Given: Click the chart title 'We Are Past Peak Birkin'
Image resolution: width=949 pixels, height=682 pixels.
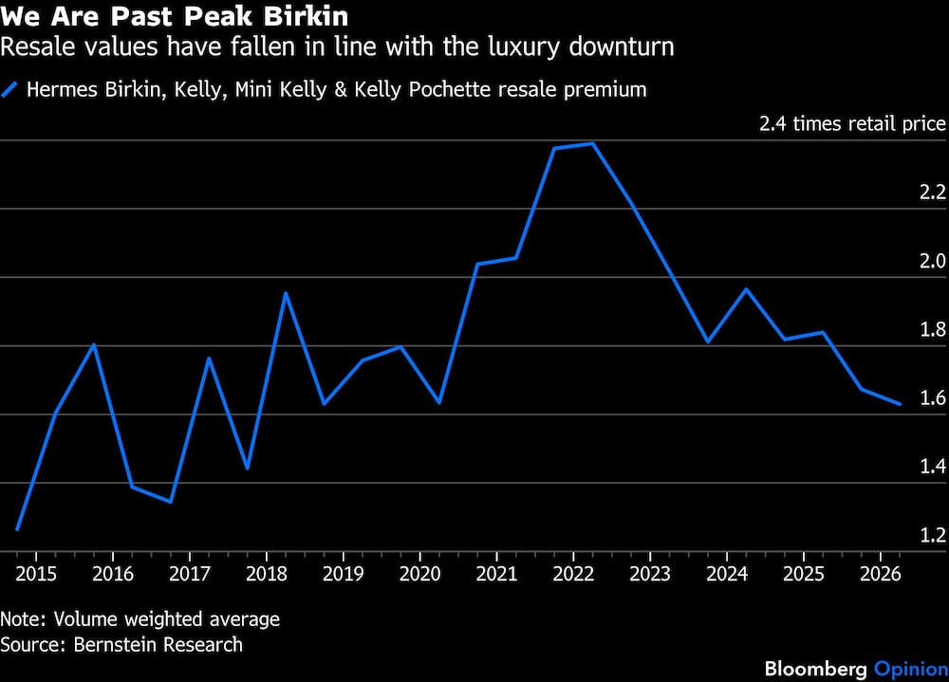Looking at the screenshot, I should (x=174, y=17).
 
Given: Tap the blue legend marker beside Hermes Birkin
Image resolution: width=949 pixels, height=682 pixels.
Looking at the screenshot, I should (x=11, y=90).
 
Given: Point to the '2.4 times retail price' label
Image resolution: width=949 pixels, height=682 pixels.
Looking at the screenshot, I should (x=852, y=124).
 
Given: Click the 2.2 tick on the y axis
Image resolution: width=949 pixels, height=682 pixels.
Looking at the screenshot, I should (x=933, y=194).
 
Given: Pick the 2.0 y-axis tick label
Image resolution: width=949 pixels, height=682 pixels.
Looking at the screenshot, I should (x=933, y=262).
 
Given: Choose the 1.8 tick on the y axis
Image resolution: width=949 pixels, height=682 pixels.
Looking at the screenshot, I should (x=933, y=330).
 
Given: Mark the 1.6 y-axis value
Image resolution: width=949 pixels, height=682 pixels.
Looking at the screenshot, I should (x=933, y=398).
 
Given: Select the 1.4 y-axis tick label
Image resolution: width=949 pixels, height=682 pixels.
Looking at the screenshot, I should (x=933, y=467).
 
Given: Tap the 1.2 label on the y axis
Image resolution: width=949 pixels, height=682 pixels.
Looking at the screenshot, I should (x=933, y=535).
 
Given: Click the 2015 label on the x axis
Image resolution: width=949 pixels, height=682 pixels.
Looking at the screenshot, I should (x=34, y=574).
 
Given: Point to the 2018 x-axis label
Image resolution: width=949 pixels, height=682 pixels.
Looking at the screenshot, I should (x=266, y=574).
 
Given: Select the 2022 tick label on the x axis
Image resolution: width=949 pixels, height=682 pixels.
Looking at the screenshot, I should (x=573, y=574).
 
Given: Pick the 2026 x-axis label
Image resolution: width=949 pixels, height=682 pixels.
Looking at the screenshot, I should (x=880, y=574).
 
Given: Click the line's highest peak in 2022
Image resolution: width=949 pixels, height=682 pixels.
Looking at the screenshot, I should (x=592, y=143).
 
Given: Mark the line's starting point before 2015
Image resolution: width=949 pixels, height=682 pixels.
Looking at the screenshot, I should (x=17, y=529).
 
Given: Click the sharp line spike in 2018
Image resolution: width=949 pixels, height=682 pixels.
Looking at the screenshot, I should (x=285, y=293).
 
